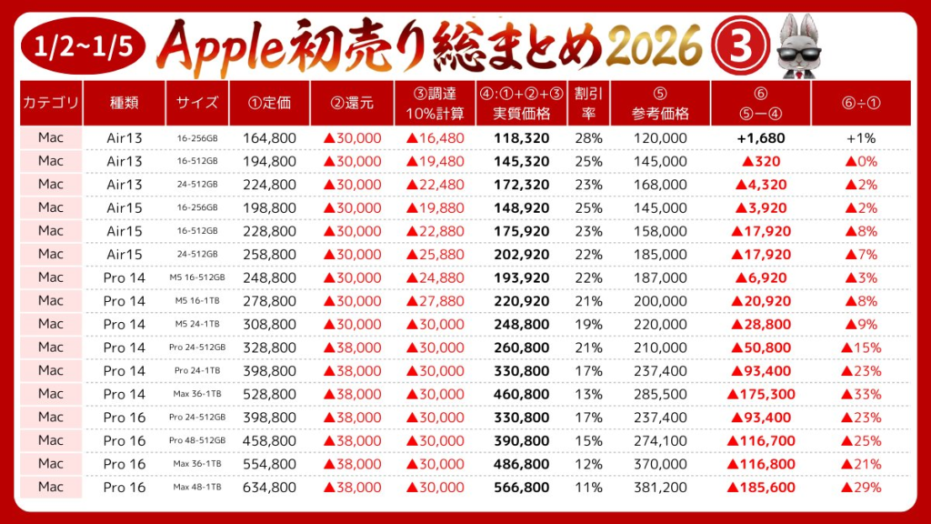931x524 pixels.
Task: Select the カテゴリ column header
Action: click(x=51, y=103)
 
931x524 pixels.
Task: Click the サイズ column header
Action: click(x=196, y=103)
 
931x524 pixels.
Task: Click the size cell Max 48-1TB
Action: click(x=196, y=488)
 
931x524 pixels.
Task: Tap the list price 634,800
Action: click(x=270, y=488)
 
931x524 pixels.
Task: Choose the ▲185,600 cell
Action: click(x=760, y=488)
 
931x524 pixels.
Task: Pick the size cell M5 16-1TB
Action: click(x=196, y=301)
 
